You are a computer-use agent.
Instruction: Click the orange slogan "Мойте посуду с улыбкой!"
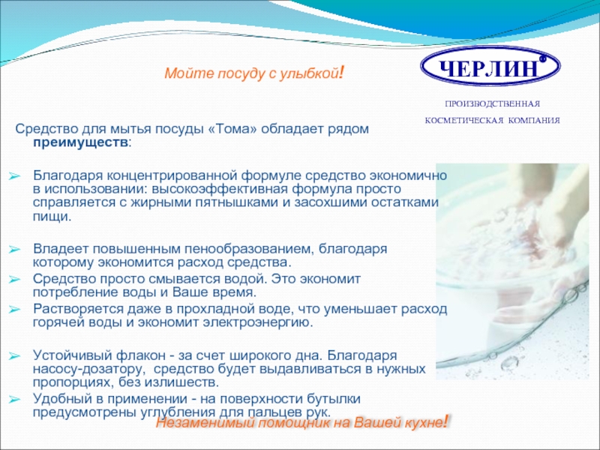point(254,72)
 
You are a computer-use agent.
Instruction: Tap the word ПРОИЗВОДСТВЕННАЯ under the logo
point(492,103)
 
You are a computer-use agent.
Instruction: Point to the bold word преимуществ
point(80,143)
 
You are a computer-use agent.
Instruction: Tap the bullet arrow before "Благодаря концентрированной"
point(14,176)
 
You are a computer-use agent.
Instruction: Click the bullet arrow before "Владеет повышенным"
point(14,250)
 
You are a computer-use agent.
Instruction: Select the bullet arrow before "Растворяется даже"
point(14,310)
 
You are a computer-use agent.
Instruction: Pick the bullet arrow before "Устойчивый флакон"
point(14,356)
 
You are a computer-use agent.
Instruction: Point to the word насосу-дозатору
point(90,369)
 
